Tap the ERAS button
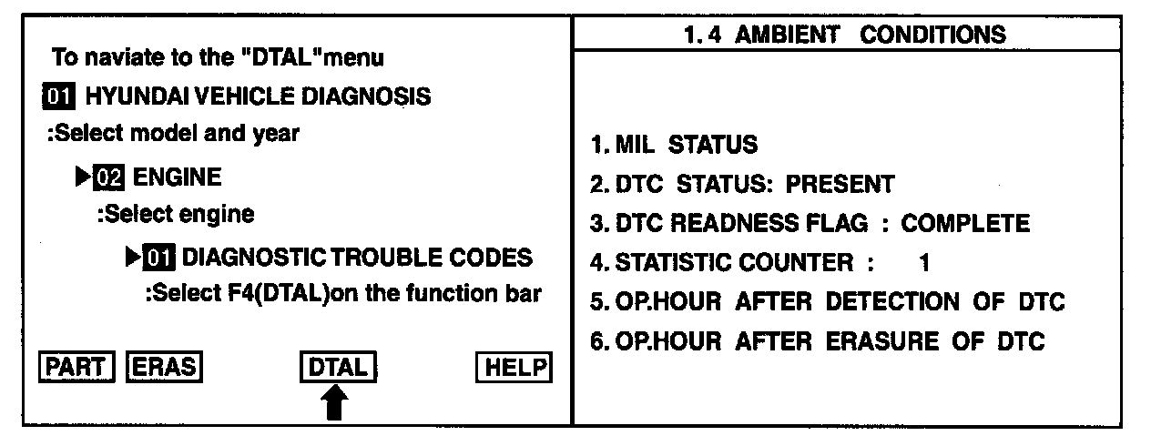(164, 367)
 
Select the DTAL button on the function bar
(338, 368)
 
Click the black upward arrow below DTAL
(336, 401)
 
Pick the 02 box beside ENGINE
(108, 177)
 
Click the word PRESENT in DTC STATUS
(840, 184)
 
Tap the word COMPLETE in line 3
(965, 224)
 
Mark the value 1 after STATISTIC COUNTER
(924, 264)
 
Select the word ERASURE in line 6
(882, 342)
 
